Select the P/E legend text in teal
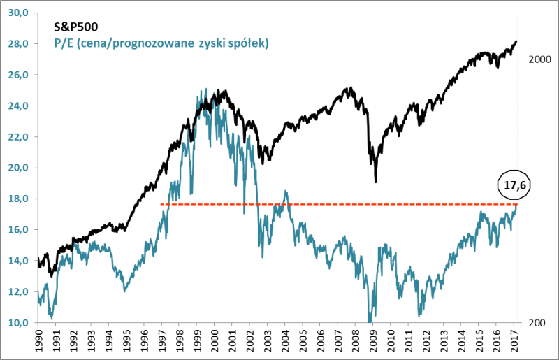(x=161, y=43)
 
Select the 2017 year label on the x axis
(x=514, y=342)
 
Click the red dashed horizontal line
(x=335, y=204)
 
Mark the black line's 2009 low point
(x=376, y=182)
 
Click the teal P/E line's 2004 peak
(x=285, y=191)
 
